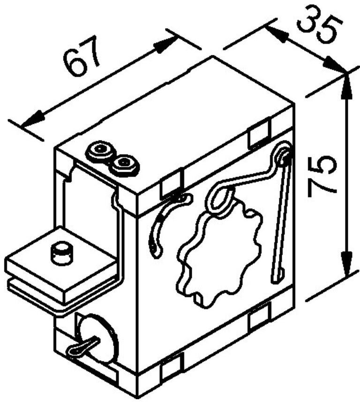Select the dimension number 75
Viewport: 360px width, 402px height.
coord(322,177)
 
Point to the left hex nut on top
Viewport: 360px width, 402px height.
coord(100,151)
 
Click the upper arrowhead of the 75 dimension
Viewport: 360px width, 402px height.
coord(346,86)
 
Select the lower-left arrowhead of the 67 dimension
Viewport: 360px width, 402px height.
coord(33,121)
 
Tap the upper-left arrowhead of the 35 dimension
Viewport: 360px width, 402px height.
coord(276,33)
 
